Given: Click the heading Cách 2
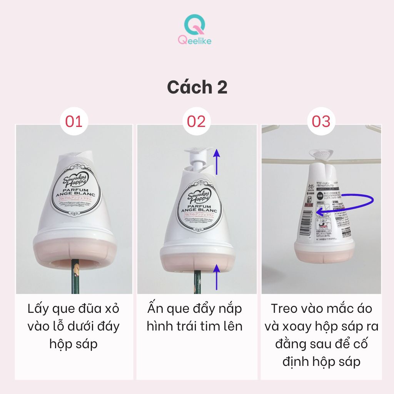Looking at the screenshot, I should coord(197,87).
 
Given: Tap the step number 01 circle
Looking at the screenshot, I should coord(74,121).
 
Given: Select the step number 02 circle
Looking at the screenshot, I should coord(197,121).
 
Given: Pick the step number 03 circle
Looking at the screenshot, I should coord(321,121).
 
